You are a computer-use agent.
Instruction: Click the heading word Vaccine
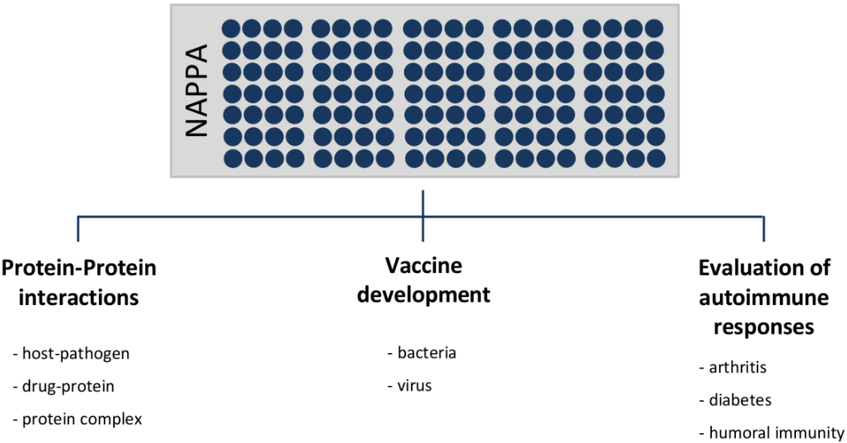pos(423,266)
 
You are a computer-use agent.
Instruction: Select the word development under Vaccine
pos(423,295)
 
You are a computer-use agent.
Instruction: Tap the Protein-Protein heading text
pos(79,268)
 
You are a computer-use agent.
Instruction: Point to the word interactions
pos(79,297)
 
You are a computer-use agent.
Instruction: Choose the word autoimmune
pos(764,297)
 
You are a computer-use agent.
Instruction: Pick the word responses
pos(764,327)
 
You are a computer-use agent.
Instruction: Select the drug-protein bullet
pos(68,386)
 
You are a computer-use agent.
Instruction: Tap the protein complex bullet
pos(82,419)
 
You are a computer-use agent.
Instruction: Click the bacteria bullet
pos(426,353)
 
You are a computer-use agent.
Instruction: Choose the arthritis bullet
pos(737,367)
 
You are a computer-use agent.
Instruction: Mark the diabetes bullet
pos(740,400)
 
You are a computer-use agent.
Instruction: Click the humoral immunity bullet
pos(776,432)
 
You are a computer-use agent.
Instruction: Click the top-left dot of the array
pos(231,28)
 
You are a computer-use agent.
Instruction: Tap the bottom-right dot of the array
pos(656,159)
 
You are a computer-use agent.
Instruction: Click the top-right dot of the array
pos(654,28)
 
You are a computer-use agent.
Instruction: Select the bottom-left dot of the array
pos(233,159)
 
